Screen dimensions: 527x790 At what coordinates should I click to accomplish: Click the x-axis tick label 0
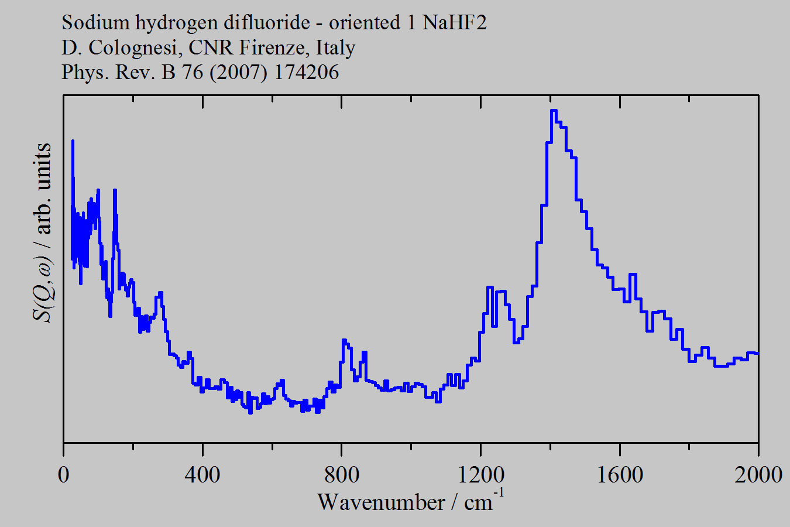pos(63,474)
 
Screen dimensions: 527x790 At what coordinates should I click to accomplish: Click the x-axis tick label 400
pos(202,474)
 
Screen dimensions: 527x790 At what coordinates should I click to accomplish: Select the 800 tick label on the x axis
pos(341,474)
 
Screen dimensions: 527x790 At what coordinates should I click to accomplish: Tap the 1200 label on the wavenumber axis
pos(480,474)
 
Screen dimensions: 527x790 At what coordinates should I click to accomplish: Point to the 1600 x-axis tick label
pos(619,474)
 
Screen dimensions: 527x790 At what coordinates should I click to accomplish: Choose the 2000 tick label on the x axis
pos(758,474)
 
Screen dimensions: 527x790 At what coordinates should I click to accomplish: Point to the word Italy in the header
pos(335,47)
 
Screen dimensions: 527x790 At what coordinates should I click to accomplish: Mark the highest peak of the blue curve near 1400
pos(554,111)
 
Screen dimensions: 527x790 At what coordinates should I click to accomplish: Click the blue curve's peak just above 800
pos(344,340)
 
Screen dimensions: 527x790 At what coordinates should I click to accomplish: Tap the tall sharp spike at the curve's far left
pos(73,141)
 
